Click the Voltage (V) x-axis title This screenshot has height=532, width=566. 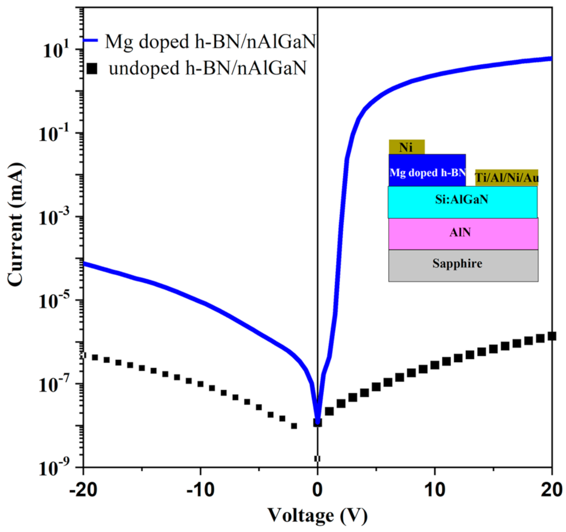pos(317,515)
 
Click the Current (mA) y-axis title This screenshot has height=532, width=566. pos(16,225)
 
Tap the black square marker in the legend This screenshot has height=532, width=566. pos(92,68)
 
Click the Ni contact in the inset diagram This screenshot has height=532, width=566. pos(406,147)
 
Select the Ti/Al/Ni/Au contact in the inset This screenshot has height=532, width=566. pos(506,177)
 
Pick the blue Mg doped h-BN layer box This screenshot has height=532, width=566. pos(427,171)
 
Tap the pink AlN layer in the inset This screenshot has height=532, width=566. pos(463,233)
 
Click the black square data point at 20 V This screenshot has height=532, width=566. pos(551,336)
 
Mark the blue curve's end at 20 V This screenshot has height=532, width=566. pos(551,59)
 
